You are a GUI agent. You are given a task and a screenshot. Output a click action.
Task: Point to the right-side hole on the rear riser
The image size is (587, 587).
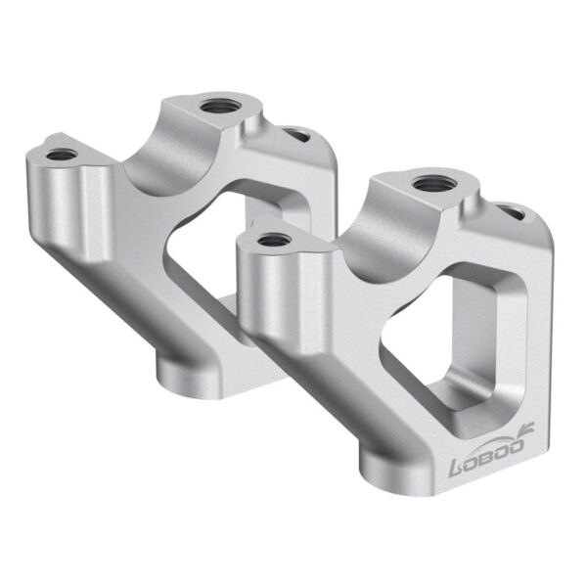point(295,134)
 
